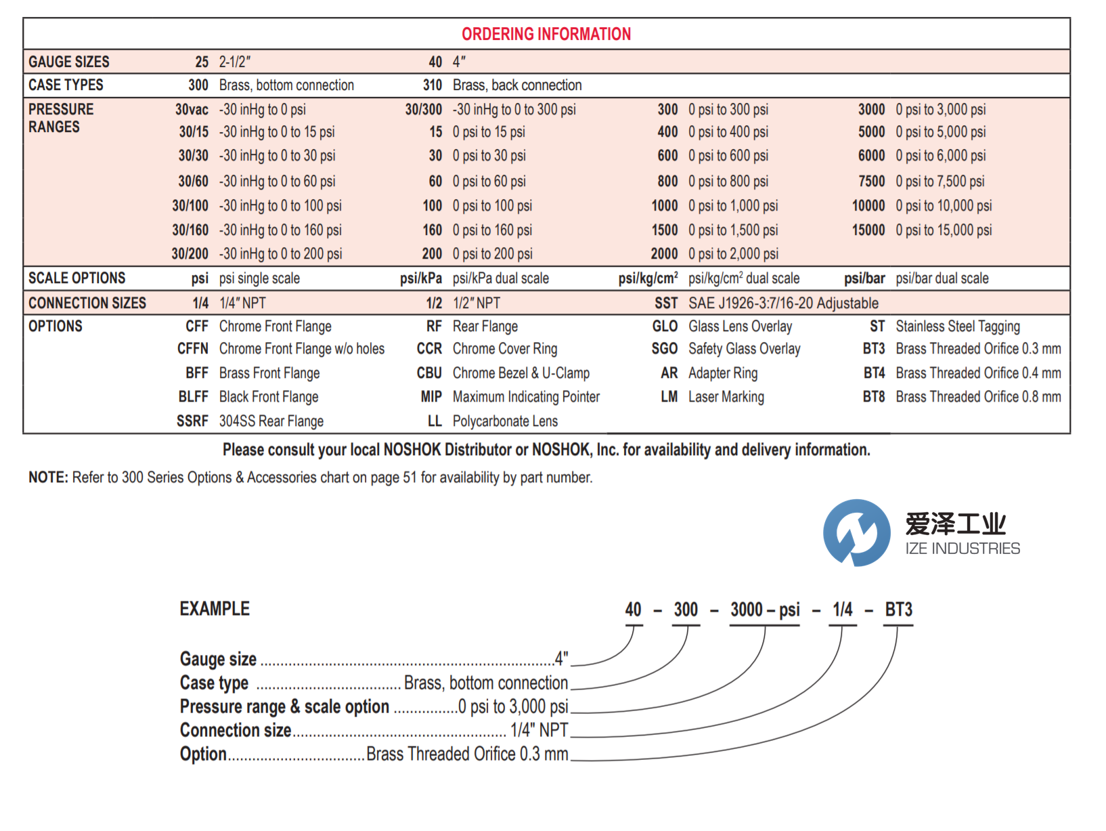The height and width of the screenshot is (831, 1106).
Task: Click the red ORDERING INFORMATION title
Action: [x=546, y=34]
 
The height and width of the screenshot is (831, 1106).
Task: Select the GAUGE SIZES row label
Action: [x=68, y=62]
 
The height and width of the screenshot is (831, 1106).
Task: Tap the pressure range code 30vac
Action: [x=192, y=110]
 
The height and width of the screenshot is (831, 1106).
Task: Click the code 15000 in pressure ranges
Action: [x=868, y=230]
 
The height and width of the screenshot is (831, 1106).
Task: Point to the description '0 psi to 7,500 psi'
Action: [x=939, y=182]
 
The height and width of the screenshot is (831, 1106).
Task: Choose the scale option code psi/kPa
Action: [x=420, y=278]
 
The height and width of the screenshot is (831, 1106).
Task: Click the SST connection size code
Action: [x=665, y=303]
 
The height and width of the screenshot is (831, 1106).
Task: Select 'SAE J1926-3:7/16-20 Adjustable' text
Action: [x=783, y=303]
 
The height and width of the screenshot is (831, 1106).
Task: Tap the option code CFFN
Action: [x=192, y=349]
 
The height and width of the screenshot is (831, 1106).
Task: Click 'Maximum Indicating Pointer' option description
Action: [x=526, y=397]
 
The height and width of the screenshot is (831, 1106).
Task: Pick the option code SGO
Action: [x=664, y=349]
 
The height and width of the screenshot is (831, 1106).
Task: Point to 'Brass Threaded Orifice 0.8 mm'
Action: [x=978, y=397]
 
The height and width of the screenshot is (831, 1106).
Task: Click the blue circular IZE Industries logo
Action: [x=856, y=532]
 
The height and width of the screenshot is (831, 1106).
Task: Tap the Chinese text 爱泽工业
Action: [x=955, y=524]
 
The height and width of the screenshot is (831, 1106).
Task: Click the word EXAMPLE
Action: [x=215, y=609]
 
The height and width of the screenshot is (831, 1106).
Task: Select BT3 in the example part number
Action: [x=898, y=610]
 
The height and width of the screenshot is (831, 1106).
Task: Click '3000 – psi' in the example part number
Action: [x=765, y=610]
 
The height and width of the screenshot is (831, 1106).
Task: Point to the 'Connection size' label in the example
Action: [x=236, y=730]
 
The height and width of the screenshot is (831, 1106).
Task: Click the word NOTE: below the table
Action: [x=48, y=477]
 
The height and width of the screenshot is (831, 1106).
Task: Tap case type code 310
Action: [x=432, y=85]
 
